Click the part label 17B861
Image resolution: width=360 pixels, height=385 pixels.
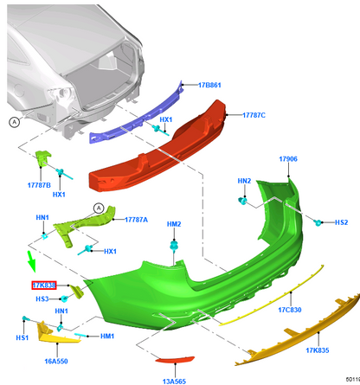pyautogui.click(x=209, y=85)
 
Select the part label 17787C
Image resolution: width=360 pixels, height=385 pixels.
pyautogui.click(x=254, y=115)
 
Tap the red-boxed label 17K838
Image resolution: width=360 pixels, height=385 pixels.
pyautogui.click(x=44, y=286)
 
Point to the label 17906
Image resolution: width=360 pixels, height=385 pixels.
pyautogui.click(x=288, y=159)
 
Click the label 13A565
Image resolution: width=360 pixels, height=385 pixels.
pyautogui.click(x=174, y=382)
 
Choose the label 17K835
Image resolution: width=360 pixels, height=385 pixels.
pyautogui.click(x=318, y=350)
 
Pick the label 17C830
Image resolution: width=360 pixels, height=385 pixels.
pyautogui.click(x=290, y=310)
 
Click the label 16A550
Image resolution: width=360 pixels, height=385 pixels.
pyautogui.click(x=56, y=361)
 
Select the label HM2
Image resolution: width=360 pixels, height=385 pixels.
pyautogui.click(x=174, y=224)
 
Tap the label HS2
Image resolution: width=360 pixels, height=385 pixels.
pyautogui.click(x=341, y=222)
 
